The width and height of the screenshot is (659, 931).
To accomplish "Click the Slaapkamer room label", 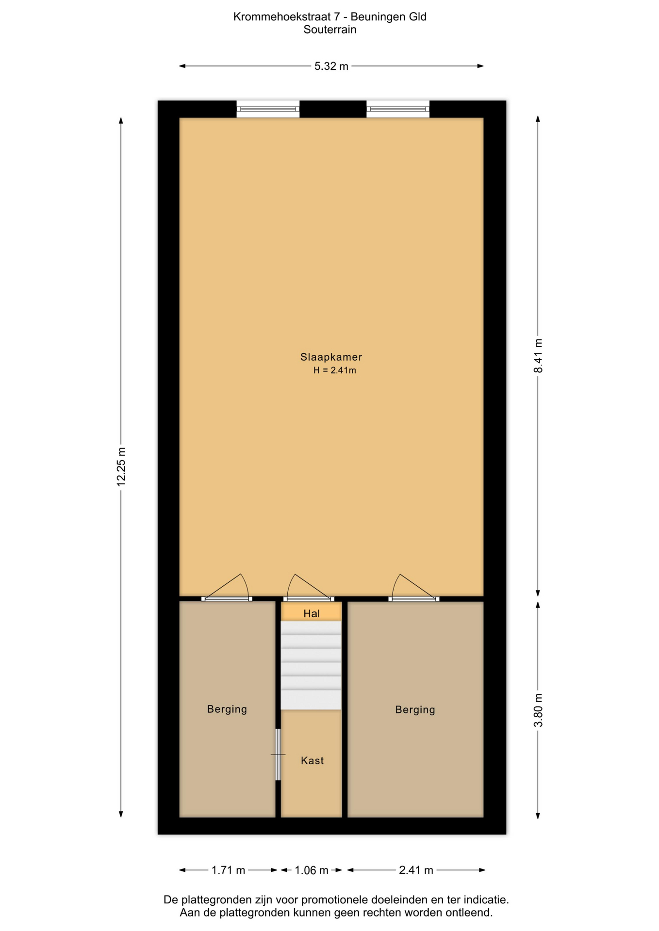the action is [331, 357].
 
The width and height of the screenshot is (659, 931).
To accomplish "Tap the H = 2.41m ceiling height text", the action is [334, 370].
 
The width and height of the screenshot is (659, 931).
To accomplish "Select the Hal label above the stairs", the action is [312, 613].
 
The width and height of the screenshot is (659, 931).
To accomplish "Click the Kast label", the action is [312, 760].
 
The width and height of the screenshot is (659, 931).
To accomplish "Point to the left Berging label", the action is [227, 709].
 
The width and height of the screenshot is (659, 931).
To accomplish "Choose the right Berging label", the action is [415, 710].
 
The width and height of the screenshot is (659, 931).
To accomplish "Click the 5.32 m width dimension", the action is [331, 66].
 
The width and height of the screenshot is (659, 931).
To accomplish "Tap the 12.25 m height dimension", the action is [121, 467].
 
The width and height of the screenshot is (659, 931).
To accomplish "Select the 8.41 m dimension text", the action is [538, 356].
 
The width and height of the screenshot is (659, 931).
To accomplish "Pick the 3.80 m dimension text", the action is [538, 710].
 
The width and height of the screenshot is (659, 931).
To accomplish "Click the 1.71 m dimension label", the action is [228, 870].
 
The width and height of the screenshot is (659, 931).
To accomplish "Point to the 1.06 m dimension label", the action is [312, 870].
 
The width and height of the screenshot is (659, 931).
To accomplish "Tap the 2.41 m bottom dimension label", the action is [416, 870].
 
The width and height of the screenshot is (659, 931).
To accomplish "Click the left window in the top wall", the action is [268, 109].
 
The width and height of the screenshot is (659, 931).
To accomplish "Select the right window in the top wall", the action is [398, 109].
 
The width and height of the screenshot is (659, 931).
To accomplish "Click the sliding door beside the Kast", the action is [278, 754].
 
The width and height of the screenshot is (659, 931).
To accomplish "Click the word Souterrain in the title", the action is [330, 30].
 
